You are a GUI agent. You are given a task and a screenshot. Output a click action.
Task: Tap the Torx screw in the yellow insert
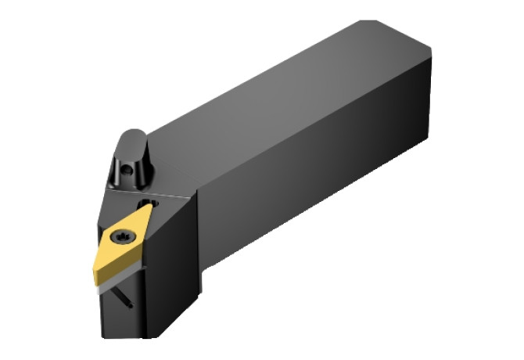(122, 234)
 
